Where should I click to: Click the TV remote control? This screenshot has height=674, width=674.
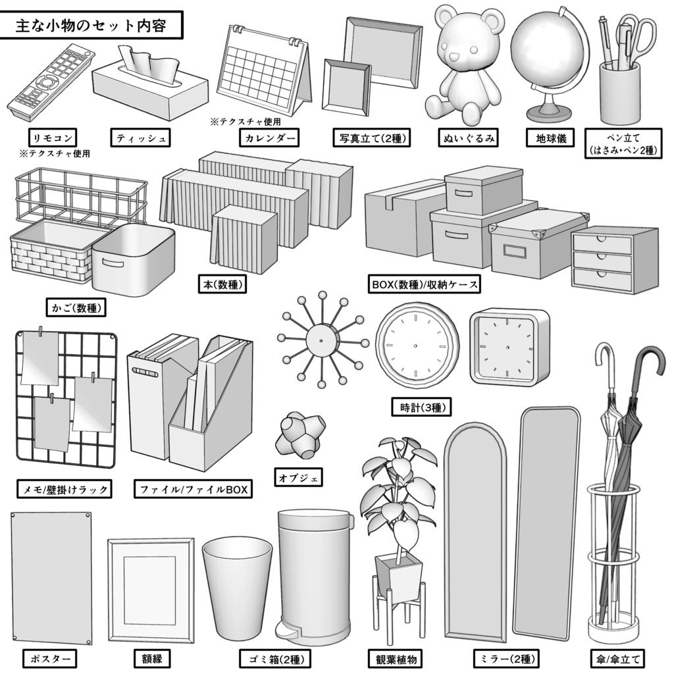[x=49, y=82]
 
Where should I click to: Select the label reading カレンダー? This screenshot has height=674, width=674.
[x=268, y=138]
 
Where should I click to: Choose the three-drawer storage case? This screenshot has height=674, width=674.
[x=614, y=261]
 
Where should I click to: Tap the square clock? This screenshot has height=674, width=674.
[x=509, y=347]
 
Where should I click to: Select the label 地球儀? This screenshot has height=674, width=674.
[x=550, y=138]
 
